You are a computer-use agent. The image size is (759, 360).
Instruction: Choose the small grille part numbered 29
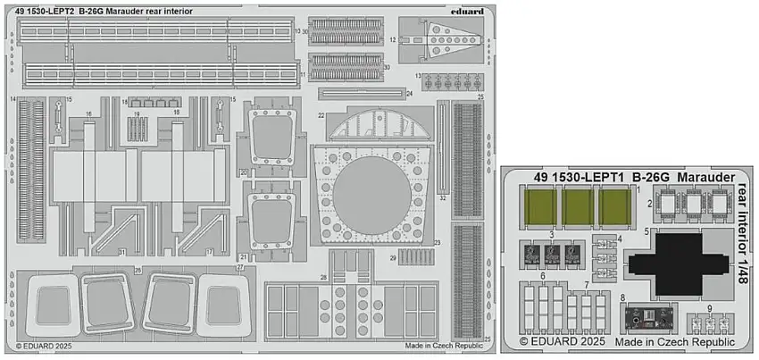point(414,257)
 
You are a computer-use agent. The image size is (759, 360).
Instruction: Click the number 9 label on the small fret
point(708,308)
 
